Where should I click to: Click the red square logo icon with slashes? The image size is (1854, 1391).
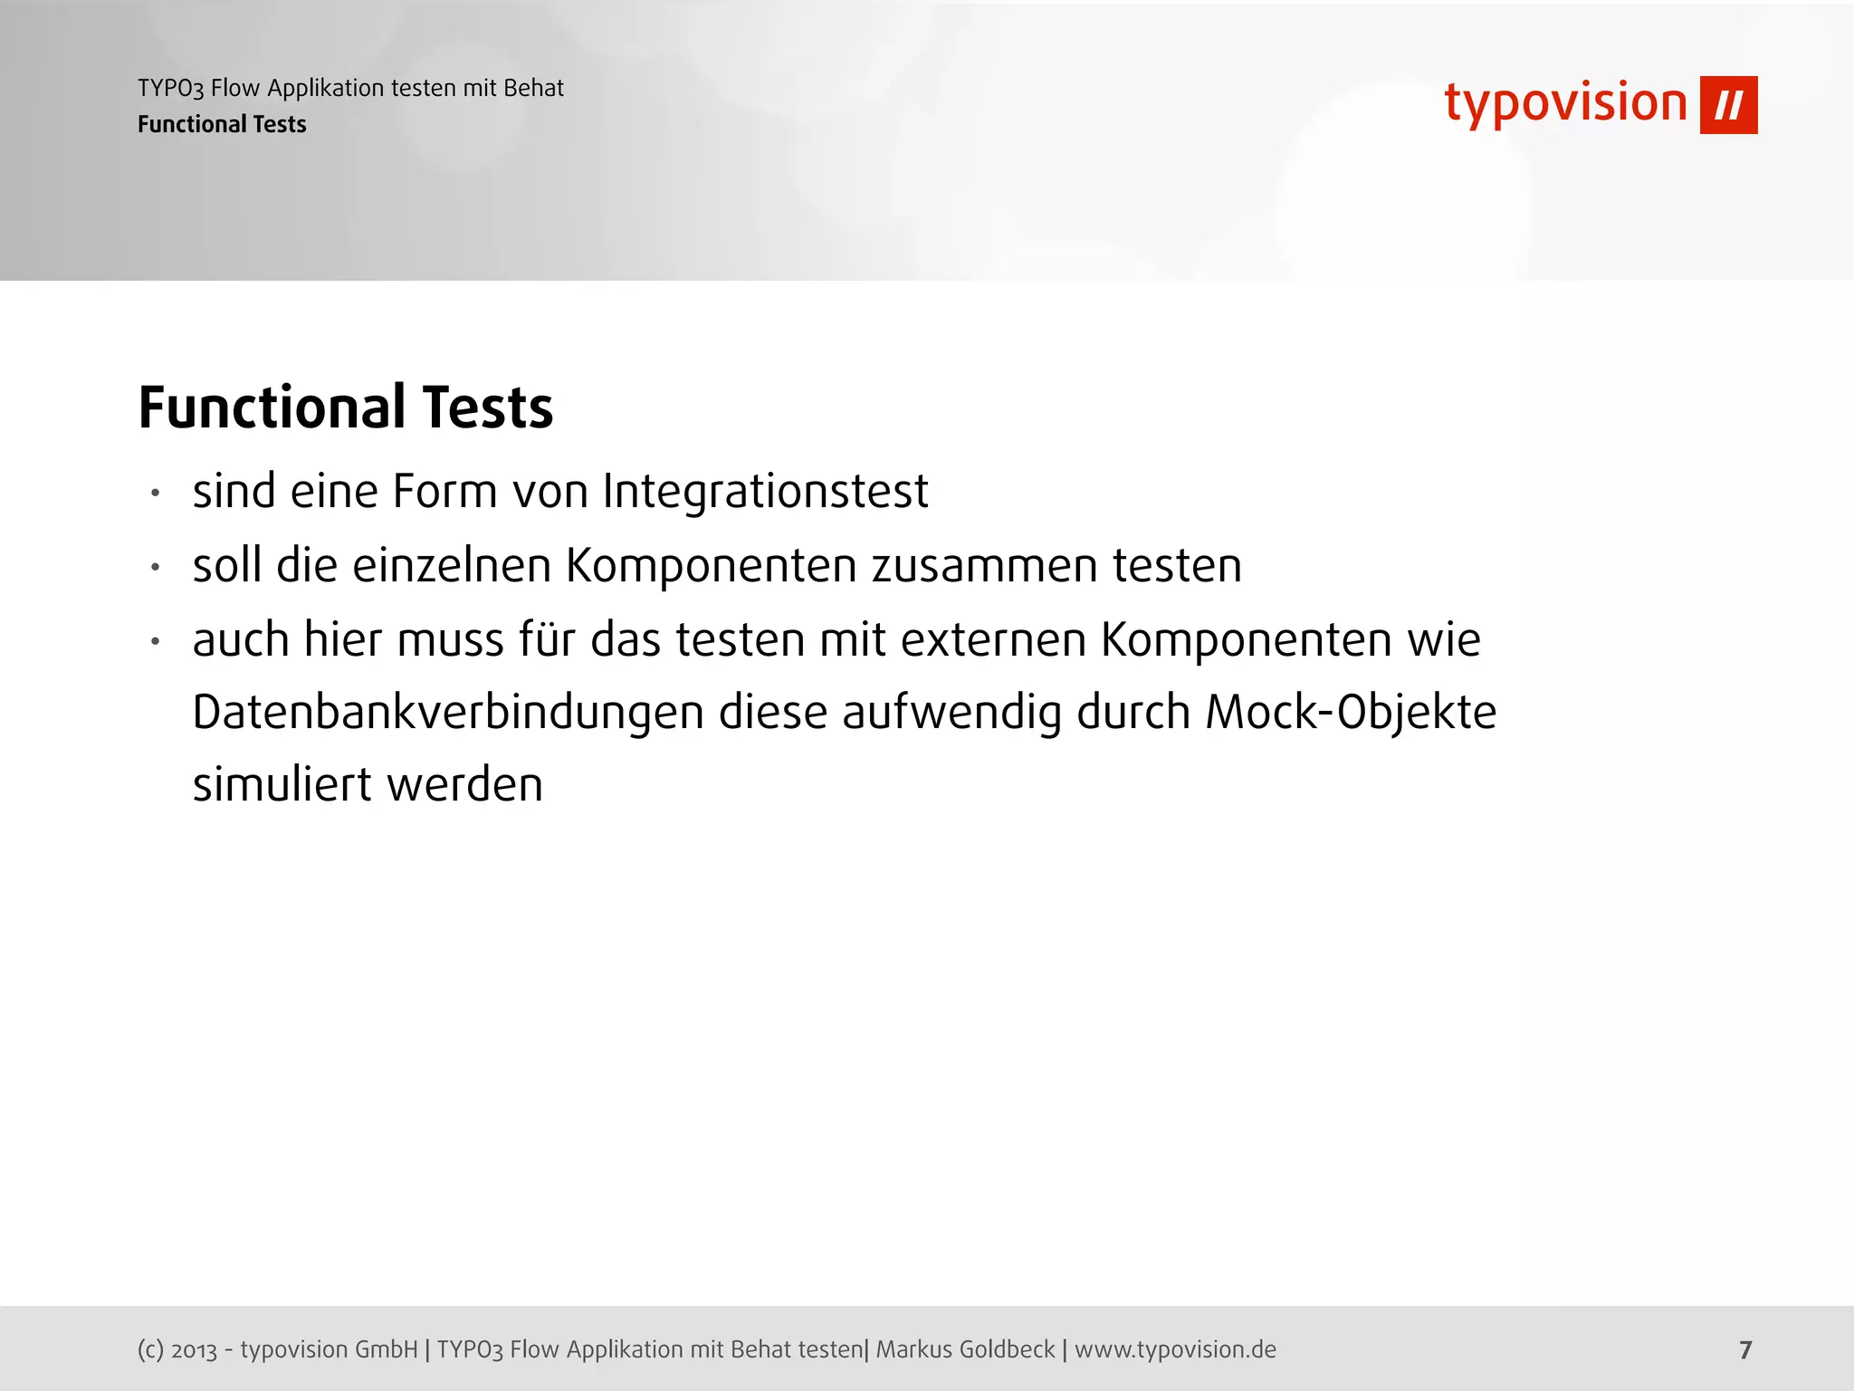(x=1728, y=105)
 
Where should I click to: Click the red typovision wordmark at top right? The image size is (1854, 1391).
(x=1566, y=103)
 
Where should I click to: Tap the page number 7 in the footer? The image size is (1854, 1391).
(x=1745, y=1350)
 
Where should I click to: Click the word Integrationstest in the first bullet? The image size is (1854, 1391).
(x=765, y=492)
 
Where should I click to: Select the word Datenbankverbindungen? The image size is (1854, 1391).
(x=448, y=713)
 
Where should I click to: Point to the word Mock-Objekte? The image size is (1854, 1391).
(x=1351, y=713)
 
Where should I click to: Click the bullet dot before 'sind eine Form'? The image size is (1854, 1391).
(x=156, y=494)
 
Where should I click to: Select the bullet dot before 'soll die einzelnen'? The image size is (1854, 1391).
(x=156, y=568)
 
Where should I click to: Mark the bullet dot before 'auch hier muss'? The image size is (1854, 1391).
(x=156, y=641)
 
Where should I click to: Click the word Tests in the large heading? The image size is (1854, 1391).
(x=487, y=408)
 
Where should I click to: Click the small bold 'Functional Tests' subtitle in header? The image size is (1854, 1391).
(x=222, y=124)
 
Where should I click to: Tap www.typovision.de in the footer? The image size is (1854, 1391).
(x=1175, y=1349)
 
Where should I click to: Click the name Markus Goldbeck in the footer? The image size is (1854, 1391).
(x=965, y=1349)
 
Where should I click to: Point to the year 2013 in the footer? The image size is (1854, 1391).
(x=194, y=1350)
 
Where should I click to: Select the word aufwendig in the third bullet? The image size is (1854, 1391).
(x=951, y=713)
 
